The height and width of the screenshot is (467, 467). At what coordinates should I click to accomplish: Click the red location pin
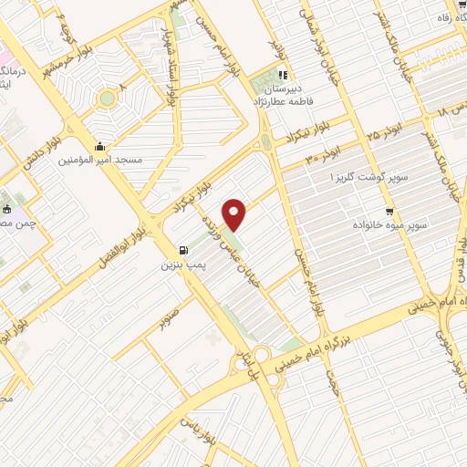pyautogui.click(x=235, y=214)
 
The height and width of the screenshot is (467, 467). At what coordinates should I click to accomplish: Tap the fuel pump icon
pyautogui.click(x=185, y=249)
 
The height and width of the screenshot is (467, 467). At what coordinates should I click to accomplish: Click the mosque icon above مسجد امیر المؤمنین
pyautogui.click(x=99, y=146)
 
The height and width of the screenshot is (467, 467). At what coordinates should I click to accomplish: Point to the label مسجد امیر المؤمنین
pyautogui.click(x=101, y=160)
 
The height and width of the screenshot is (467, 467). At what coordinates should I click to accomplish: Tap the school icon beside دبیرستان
pyautogui.click(x=283, y=76)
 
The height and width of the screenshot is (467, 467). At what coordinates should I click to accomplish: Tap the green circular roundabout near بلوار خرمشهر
pyautogui.click(x=108, y=98)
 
